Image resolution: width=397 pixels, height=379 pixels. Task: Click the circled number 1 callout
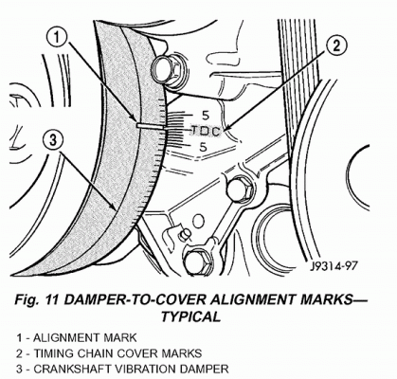pos(57,38)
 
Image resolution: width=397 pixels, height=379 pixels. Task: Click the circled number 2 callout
pos(336,46)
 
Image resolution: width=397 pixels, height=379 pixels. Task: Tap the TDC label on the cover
pos(206,132)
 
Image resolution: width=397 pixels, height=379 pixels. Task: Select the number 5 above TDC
pos(206,116)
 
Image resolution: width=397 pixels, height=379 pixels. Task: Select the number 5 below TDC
pos(203,147)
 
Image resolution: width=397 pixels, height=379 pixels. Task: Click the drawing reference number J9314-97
pos(334,266)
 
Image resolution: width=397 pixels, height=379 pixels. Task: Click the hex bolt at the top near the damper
pos(166,69)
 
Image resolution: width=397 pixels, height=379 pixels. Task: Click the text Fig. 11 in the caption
pos(37,300)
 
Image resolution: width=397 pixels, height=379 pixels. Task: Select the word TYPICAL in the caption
pos(190,316)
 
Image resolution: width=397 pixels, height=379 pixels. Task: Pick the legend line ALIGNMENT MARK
pos(77,337)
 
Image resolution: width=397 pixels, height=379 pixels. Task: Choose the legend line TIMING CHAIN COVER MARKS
pos(109,353)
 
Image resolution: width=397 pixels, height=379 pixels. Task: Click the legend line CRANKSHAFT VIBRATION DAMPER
pos(122,369)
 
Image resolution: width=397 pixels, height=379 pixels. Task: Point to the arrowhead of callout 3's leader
pos(116,208)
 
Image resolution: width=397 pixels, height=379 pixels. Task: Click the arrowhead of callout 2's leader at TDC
pos(225,129)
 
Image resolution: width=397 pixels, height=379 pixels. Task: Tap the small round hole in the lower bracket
pos(198,221)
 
